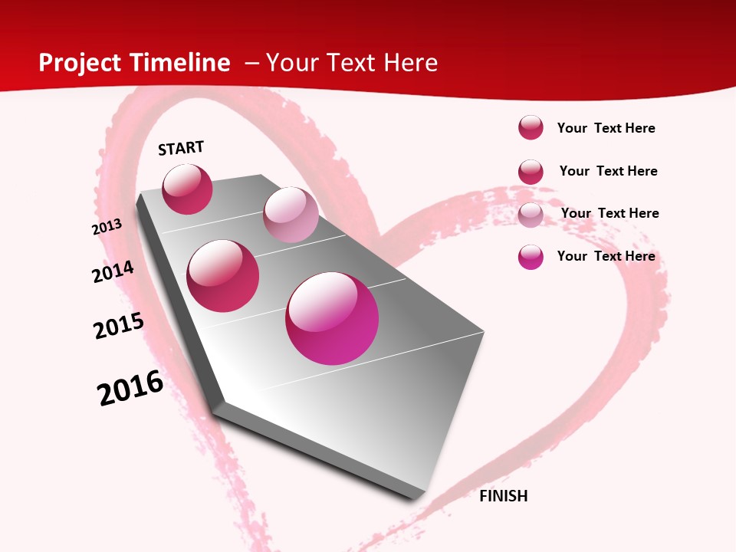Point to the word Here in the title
pyautogui.click(x=410, y=63)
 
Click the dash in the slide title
pyautogui.click(x=251, y=63)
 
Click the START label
pyautogui.click(x=181, y=148)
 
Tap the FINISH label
pyautogui.click(x=503, y=496)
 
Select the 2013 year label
pyautogui.click(x=107, y=227)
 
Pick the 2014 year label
pyautogui.click(x=113, y=272)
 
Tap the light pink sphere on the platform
pyautogui.click(x=291, y=215)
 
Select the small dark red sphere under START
pyautogui.click(x=187, y=189)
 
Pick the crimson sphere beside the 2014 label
pyautogui.click(x=223, y=275)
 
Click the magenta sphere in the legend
pyautogui.click(x=531, y=257)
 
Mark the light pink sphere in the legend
pyautogui.click(x=531, y=215)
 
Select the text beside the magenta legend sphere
pyautogui.click(x=606, y=256)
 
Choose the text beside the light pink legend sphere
pyautogui.click(x=609, y=213)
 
